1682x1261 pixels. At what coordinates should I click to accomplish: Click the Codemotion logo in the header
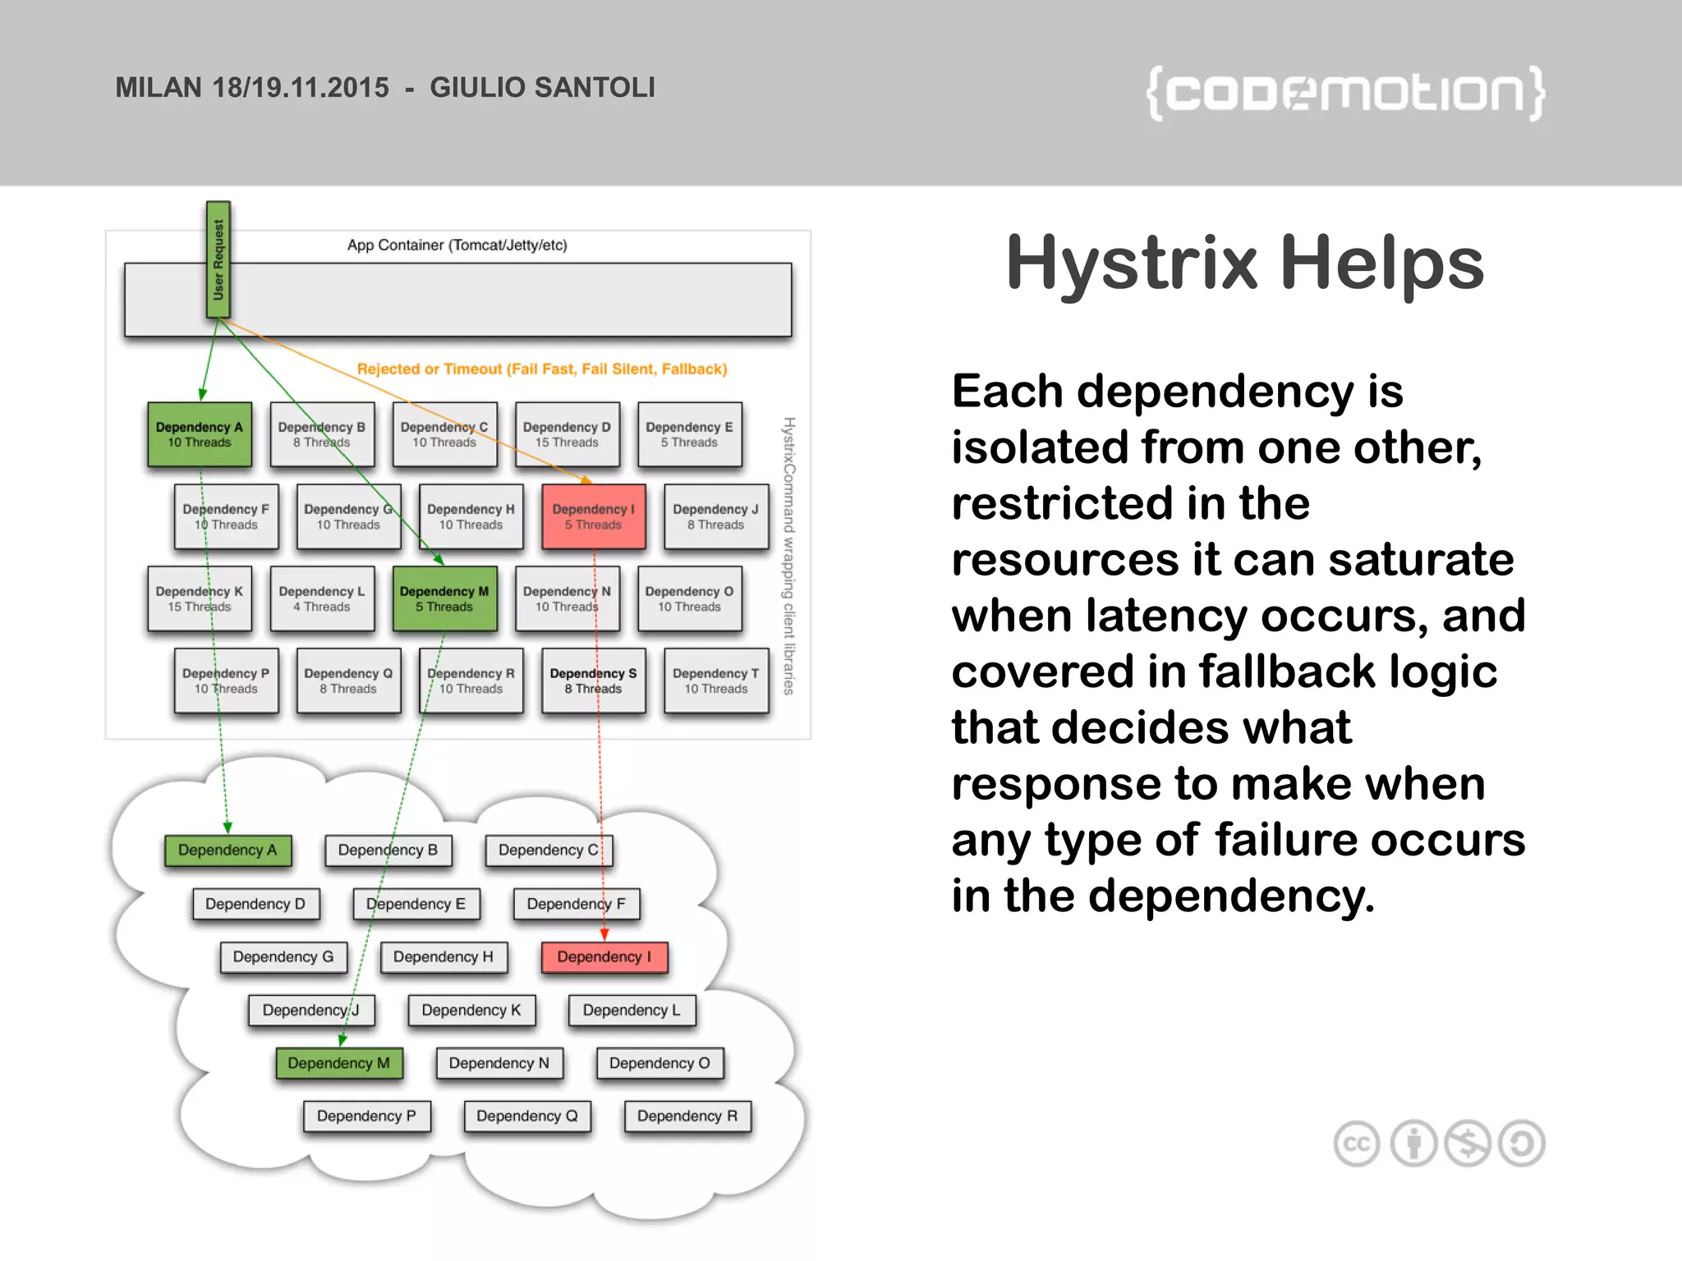(x=1345, y=94)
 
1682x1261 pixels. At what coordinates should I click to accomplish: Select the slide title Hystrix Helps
(x=1245, y=263)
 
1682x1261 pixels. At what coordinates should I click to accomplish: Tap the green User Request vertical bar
(x=218, y=259)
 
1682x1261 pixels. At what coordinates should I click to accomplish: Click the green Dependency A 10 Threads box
(x=200, y=434)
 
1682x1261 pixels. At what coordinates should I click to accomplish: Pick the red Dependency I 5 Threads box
(x=593, y=516)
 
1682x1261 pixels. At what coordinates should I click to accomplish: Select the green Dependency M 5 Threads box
(x=444, y=598)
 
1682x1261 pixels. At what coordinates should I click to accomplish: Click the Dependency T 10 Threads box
(x=715, y=681)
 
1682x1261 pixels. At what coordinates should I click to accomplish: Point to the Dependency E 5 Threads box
(x=689, y=434)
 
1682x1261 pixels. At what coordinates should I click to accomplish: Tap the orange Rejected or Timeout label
(x=542, y=369)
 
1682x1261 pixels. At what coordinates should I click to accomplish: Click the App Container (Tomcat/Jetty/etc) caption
(x=457, y=245)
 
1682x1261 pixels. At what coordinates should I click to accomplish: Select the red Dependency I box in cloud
(x=604, y=957)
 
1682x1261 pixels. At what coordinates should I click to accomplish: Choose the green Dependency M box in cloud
(x=338, y=1063)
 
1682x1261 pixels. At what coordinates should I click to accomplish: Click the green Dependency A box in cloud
(x=227, y=851)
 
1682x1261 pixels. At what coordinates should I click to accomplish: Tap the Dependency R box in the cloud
(x=687, y=1117)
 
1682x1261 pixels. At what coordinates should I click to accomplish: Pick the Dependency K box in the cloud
(x=471, y=1011)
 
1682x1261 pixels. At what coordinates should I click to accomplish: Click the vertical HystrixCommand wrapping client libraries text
(x=788, y=557)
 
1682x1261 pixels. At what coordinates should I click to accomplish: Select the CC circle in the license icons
(x=1357, y=1144)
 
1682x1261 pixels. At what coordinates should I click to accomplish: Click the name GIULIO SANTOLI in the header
(x=542, y=88)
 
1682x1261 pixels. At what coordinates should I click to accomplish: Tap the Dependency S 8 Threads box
(x=593, y=681)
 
